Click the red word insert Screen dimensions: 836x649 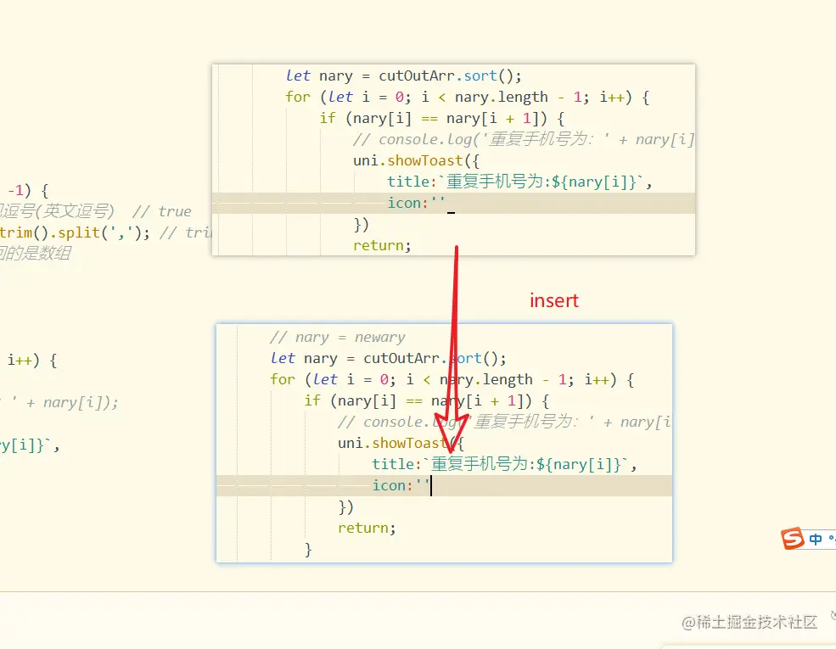pos(554,300)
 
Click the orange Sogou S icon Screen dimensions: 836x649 pos(793,539)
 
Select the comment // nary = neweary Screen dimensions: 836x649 pos(337,337)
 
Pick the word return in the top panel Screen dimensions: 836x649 pos(382,245)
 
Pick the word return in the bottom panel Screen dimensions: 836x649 pos(367,528)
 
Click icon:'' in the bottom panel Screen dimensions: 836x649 pos(401,485)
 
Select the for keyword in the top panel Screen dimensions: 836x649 pos(298,97)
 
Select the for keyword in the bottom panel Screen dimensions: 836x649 pos(283,379)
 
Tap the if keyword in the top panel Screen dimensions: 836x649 pos(328,118)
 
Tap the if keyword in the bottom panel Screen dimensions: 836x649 pos(312,400)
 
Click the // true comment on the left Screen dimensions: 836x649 pos(162,211)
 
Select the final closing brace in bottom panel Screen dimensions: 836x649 pos(308,550)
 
